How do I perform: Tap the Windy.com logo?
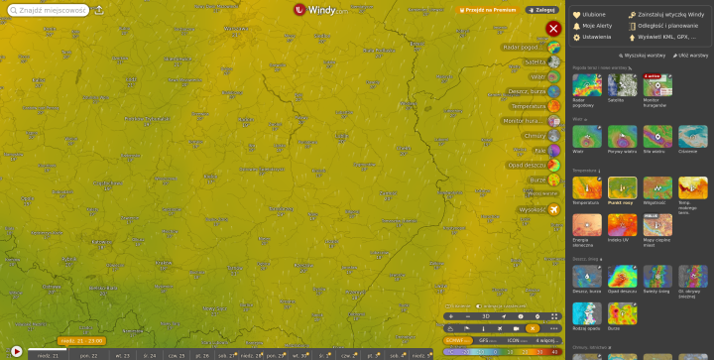pos(320,10)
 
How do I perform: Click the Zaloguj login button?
pos(541,10)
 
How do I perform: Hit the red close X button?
pos(552,28)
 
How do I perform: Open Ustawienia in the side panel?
pos(597,36)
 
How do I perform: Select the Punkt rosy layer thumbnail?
pos(622,189)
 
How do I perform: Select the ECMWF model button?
pos(457,339)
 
